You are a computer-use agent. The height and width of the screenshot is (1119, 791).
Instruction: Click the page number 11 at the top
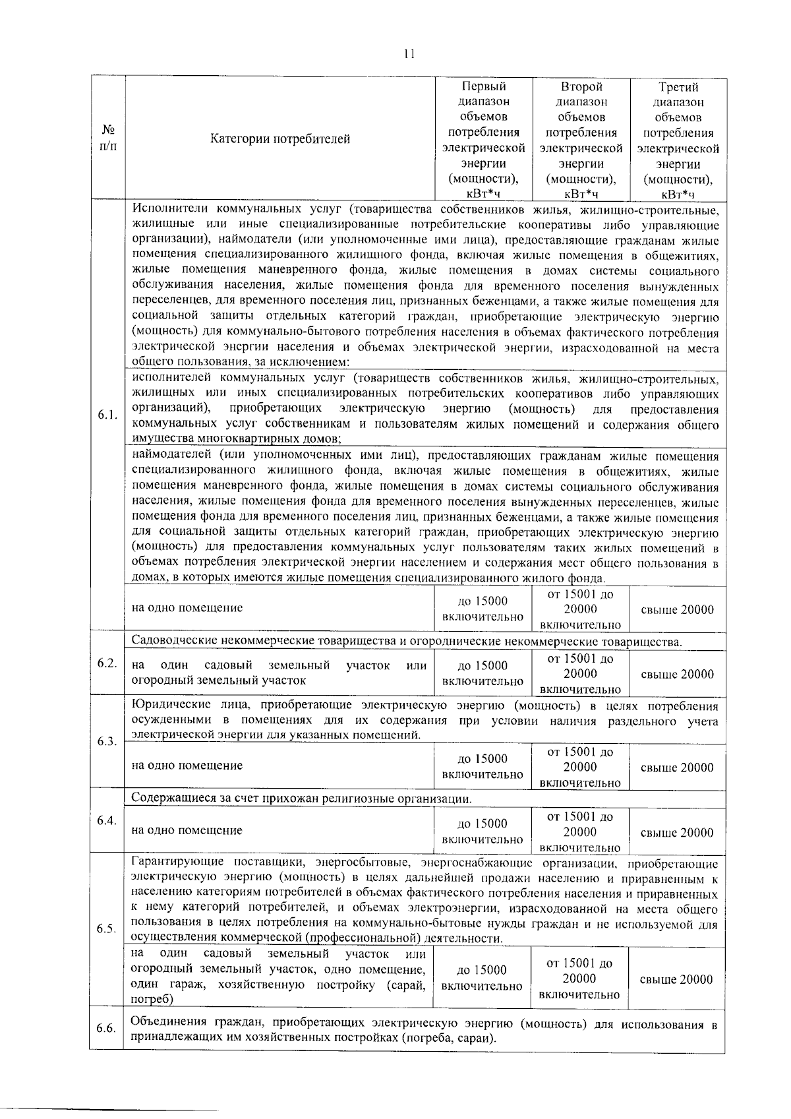(x=409, y=54)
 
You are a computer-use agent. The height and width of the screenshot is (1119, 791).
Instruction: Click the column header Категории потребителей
(x=280, y=139)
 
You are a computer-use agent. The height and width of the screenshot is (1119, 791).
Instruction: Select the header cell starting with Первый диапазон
(x=483, y=139)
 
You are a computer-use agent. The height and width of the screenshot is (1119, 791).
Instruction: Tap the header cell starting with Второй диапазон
(x=581, y=139)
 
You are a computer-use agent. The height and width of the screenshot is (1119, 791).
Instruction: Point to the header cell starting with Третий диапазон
(x=678, y=139)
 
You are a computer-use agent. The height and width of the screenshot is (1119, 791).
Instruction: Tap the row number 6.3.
(x=106, y=741)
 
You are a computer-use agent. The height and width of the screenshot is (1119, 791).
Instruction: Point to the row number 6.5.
(x=106, y=928)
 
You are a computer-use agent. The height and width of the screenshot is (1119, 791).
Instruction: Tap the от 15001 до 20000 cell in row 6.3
(x=580, y=767)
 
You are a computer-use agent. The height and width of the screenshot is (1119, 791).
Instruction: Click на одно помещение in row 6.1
(x=187, y=608)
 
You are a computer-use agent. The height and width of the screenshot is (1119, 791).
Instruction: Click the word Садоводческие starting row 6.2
(x=168, y=641)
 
